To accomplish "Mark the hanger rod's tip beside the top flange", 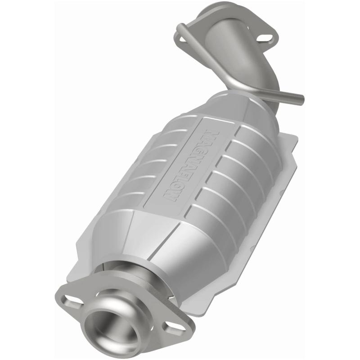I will point(180,29).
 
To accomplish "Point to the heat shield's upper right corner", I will point(295,137).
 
